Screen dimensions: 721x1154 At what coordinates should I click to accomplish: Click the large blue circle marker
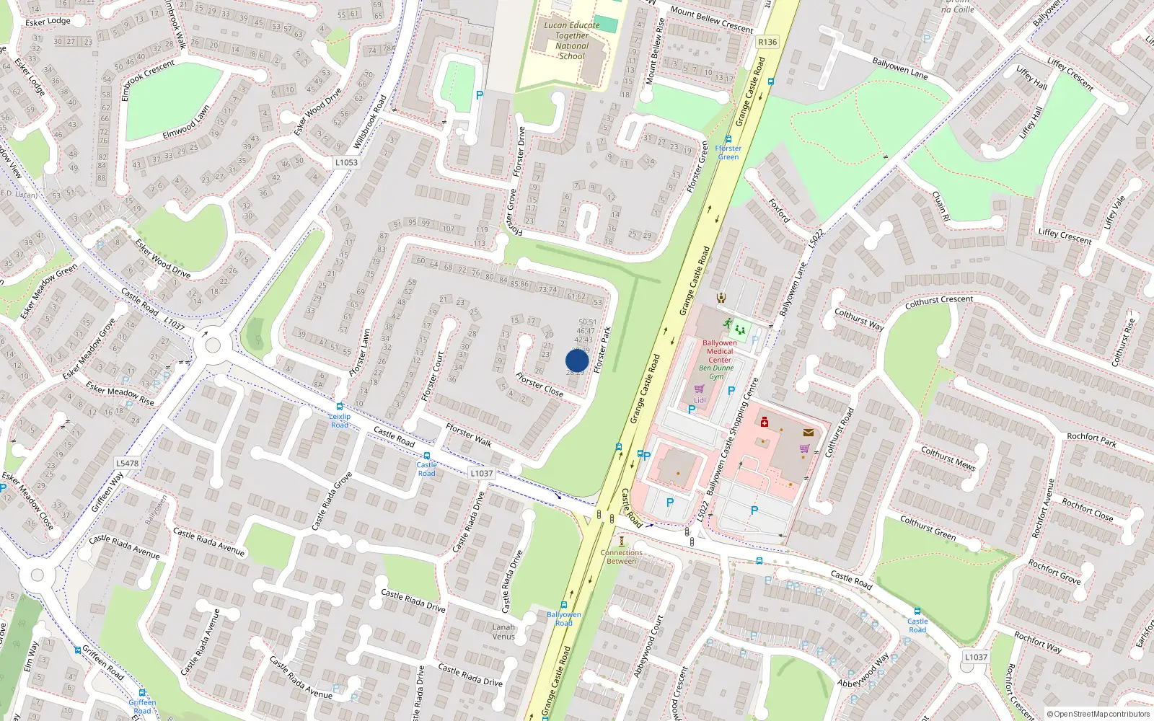click(577, 360)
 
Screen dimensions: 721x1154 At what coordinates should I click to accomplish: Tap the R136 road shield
click(767, 42)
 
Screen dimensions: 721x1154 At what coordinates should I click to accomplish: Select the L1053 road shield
click(346, 162)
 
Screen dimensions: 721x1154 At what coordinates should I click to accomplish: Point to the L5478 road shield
click(127, 463)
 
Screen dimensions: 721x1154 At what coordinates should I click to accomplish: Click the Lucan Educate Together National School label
click(572, 40)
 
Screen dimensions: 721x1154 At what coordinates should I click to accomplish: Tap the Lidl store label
click(700, 400)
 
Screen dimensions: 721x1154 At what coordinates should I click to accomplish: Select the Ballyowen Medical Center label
click(719, 351)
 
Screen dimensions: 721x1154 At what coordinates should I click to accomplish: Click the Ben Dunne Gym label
click(716, 372)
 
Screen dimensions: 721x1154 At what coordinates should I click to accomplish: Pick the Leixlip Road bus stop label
click(340, 420)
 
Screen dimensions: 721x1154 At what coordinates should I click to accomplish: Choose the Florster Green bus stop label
click(728, 152)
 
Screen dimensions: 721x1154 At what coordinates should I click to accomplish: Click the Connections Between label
click(621, 557)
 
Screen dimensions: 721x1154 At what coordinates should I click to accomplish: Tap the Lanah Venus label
click(503, 632)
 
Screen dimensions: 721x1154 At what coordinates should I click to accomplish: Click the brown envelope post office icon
click(809, 433)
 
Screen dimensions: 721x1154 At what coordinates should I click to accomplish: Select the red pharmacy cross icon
click(765, 423)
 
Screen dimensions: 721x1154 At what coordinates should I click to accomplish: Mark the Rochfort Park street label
click(1091, 439)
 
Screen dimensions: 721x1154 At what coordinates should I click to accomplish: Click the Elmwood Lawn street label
click(186, 123)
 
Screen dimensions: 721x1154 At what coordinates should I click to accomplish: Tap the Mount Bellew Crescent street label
click(711, 19)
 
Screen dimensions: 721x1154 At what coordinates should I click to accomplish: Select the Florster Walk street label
click(468, 435)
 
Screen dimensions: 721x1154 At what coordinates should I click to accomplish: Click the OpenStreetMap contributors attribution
click(1098, 714)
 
